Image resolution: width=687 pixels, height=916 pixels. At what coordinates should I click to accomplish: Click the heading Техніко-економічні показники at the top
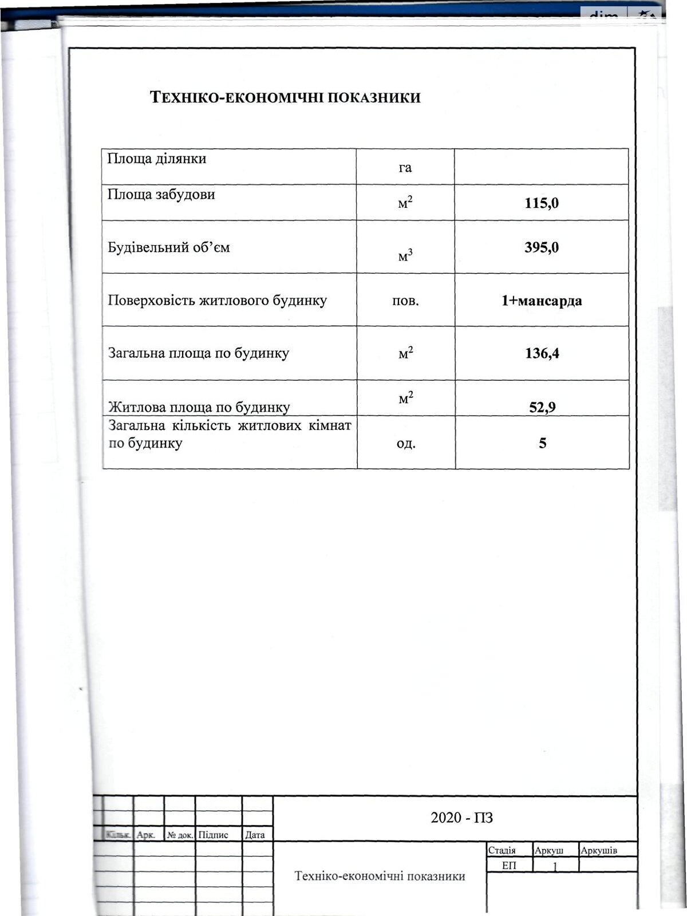click(285, 97)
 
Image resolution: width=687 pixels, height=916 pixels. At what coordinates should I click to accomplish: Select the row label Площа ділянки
click(157, 159)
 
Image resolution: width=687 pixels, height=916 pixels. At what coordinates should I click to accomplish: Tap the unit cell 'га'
click(405, 168)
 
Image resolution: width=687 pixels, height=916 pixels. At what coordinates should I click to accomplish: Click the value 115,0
click(542, 203)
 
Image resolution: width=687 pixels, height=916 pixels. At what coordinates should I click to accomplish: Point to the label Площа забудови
click(161, 195)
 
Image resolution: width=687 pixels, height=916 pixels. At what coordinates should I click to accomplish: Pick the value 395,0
click(542, 247)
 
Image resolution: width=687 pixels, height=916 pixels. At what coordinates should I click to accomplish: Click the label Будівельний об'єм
click(169, 248)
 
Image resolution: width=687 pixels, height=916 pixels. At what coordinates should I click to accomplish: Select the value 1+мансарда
click(542, 301)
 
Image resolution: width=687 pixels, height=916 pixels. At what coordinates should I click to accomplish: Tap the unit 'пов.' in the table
click(405, 301)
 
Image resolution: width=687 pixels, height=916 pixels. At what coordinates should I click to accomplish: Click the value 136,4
click(542, 353)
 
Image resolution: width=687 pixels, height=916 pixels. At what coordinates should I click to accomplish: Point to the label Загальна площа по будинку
click(199, 353)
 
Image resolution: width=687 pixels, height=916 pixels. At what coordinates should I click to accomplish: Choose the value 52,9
click(542, 407)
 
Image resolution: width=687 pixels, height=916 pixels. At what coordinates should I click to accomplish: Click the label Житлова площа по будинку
click(199, 408)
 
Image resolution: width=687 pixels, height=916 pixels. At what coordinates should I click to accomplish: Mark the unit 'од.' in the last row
click(406, 443)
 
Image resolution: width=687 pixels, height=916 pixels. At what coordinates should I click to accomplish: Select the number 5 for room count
click(542, 443)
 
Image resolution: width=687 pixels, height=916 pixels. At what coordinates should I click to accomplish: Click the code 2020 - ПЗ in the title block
click(461, 818)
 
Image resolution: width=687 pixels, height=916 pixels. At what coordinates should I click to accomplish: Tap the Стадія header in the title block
click(502, 851)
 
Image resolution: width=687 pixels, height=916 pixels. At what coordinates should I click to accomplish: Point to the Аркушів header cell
click(599, 851)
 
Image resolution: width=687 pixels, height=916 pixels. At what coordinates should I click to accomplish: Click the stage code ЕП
click(509, 866)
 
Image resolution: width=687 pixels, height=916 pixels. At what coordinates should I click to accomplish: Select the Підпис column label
click(214, 835)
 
